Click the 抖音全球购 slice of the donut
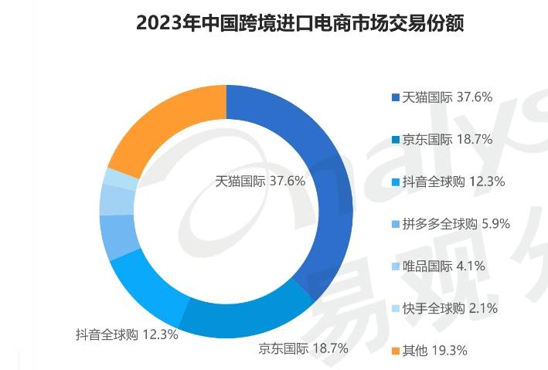(147, 290)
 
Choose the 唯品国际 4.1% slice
(116, 202)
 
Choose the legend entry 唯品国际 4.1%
(444, 267)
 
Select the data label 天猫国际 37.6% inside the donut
(260, 181)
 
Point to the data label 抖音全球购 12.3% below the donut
(127, 334)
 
